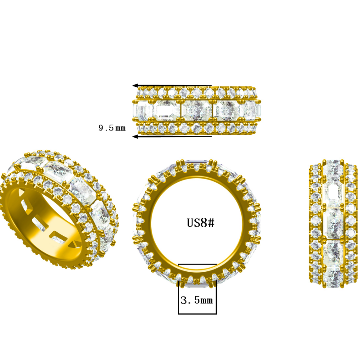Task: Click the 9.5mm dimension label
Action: coord(112,128)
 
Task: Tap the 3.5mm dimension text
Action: coord(196,299)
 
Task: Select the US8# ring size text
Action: coord(200,223)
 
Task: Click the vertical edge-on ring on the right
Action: coord(333,220)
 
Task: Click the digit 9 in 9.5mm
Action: coord(101,128)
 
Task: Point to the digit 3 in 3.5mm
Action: coord(183,299)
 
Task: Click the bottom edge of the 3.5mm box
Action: coord(197,314)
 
